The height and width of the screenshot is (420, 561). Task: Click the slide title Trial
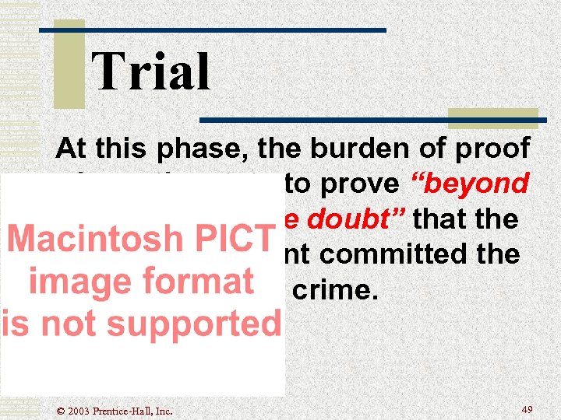[x=151, y=72]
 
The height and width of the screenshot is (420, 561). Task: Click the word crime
[x=321, y=290]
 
